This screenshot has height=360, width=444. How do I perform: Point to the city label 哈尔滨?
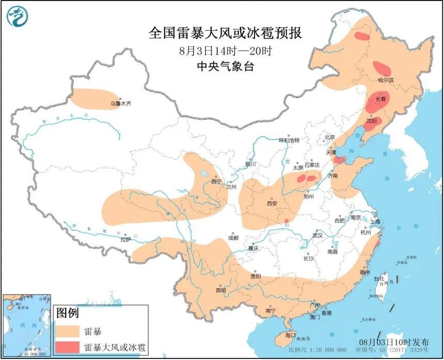(386, 80)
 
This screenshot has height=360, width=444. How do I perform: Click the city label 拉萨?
(125, 239)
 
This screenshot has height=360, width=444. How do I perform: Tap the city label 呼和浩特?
(289, 140)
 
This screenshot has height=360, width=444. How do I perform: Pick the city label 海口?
(291, 335)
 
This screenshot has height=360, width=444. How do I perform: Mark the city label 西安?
(272, 203)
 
